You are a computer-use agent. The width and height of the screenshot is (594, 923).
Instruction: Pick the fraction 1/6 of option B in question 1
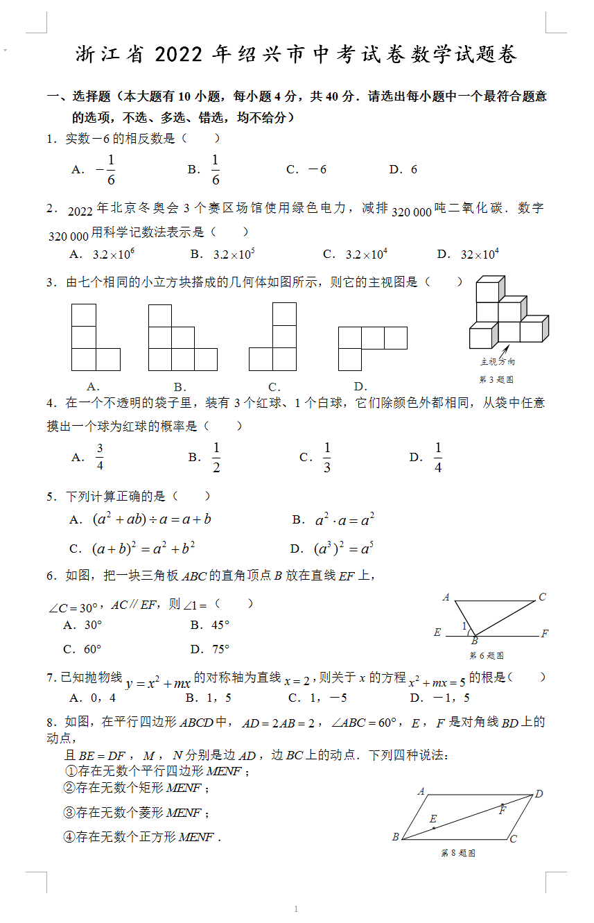coord(216,170)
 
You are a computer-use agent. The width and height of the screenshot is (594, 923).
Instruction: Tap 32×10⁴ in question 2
coord(480,255)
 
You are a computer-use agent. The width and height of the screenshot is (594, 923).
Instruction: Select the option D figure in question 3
coord(372,348)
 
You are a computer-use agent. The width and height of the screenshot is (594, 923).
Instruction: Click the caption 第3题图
coord(496,379)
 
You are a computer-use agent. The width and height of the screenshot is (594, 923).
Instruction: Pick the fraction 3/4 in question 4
coord(100,457)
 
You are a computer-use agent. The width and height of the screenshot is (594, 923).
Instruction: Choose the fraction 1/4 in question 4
coord(438,457)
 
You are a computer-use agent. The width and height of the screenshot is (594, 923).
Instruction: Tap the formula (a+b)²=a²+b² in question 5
coord(143,549)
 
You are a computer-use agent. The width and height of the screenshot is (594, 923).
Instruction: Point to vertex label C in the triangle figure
coord(542,597)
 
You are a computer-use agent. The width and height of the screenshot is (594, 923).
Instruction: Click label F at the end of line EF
coord(545,634)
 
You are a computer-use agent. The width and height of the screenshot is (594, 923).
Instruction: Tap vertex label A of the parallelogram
coord(421,791)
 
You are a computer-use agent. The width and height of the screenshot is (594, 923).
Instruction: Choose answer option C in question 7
coord(317,698)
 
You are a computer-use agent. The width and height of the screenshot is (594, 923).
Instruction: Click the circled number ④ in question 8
coord(69,837)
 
